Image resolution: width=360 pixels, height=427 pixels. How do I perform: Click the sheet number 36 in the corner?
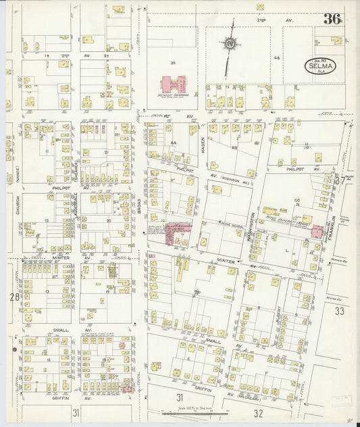(331, 18)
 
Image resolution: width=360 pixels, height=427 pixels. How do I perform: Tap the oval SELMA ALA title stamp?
(317, 67)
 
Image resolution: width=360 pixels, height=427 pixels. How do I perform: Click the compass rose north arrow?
(230, 45)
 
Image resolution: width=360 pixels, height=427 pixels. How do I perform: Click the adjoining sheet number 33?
(339, 311)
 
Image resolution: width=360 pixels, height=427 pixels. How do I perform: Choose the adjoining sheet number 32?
(258, 411)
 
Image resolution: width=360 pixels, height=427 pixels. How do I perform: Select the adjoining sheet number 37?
(340, 181)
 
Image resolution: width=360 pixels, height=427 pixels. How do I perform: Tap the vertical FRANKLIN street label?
(332, 224)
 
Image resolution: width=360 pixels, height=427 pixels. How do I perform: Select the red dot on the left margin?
(14, 349)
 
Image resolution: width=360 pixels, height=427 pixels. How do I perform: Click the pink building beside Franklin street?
(316, 232)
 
